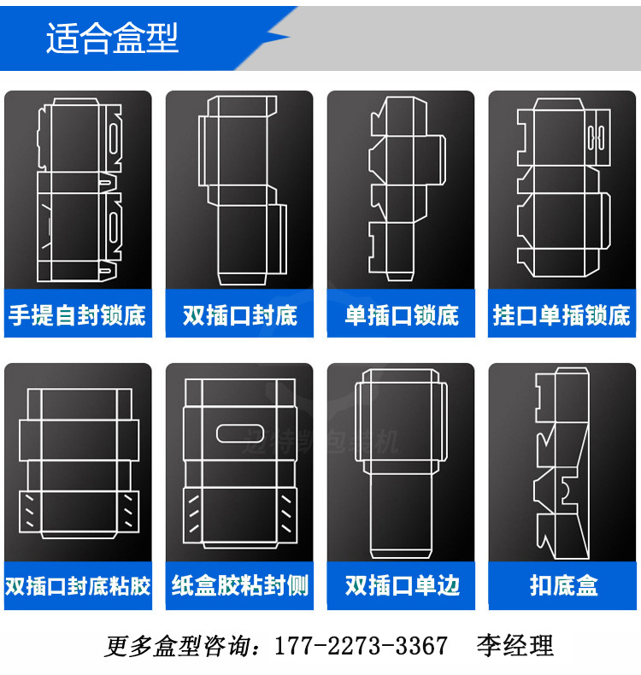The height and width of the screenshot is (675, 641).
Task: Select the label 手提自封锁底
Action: (78, 315)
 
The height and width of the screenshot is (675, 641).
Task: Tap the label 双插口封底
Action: (239, 315)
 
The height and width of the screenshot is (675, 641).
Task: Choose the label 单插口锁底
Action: (401, 315)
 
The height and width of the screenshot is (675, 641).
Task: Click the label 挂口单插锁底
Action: (562, 315)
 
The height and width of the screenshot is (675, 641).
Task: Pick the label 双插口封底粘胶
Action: (78, 586)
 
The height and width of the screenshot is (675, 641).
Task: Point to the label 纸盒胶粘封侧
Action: (239, 586)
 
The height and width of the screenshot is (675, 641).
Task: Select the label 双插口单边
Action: (401, 586)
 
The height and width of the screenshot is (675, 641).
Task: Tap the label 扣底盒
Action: (562, 586)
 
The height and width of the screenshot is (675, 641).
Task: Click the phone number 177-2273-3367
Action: (360, 645)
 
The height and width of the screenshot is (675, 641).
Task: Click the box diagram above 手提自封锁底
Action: (79, 192)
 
